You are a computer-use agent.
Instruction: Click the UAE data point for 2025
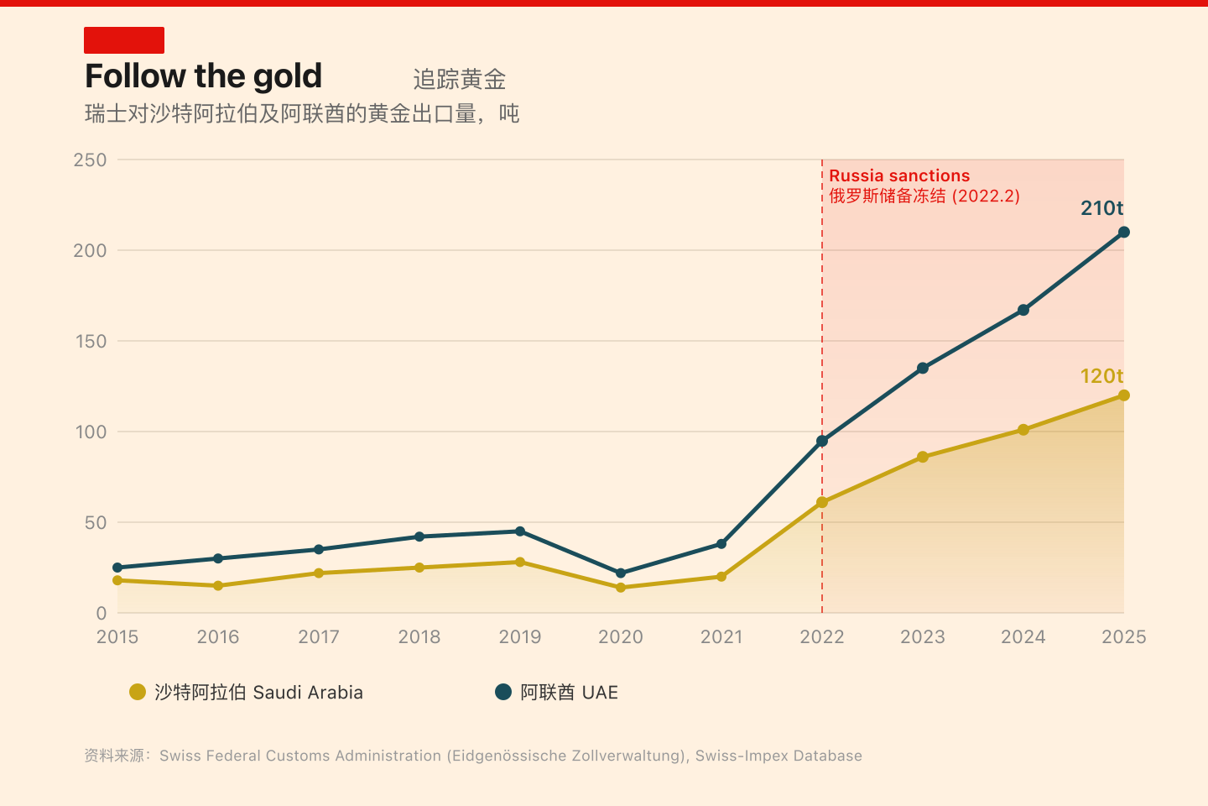[1124, 233]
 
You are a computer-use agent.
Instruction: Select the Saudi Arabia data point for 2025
[1124, 395]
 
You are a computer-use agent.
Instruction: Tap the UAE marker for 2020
[621, 573]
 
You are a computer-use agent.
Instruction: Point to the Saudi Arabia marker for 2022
[822, 502]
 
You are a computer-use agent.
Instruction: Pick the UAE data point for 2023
[923, 368]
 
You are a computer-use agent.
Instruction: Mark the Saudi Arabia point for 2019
[520, 563]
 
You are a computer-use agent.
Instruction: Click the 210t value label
[1101, 208]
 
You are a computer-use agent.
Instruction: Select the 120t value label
[1101, 376]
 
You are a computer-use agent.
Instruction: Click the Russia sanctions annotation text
[899, 175]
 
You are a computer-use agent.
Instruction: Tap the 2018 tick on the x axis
[419, 636]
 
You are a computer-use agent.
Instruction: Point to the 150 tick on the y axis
[91, 341]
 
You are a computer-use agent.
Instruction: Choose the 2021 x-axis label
[721, 636]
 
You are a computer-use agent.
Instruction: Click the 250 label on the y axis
[91, 160]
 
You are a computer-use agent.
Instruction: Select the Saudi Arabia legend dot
[138, 692]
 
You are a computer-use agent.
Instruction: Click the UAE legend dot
[503, 692]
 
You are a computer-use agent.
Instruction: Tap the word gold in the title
[287, 77]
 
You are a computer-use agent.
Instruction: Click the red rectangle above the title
[124, 40]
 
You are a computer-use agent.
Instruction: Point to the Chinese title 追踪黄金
[460, 80]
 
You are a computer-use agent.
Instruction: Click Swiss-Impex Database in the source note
[778, 756]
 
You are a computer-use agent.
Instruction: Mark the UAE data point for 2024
[1023, 310]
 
